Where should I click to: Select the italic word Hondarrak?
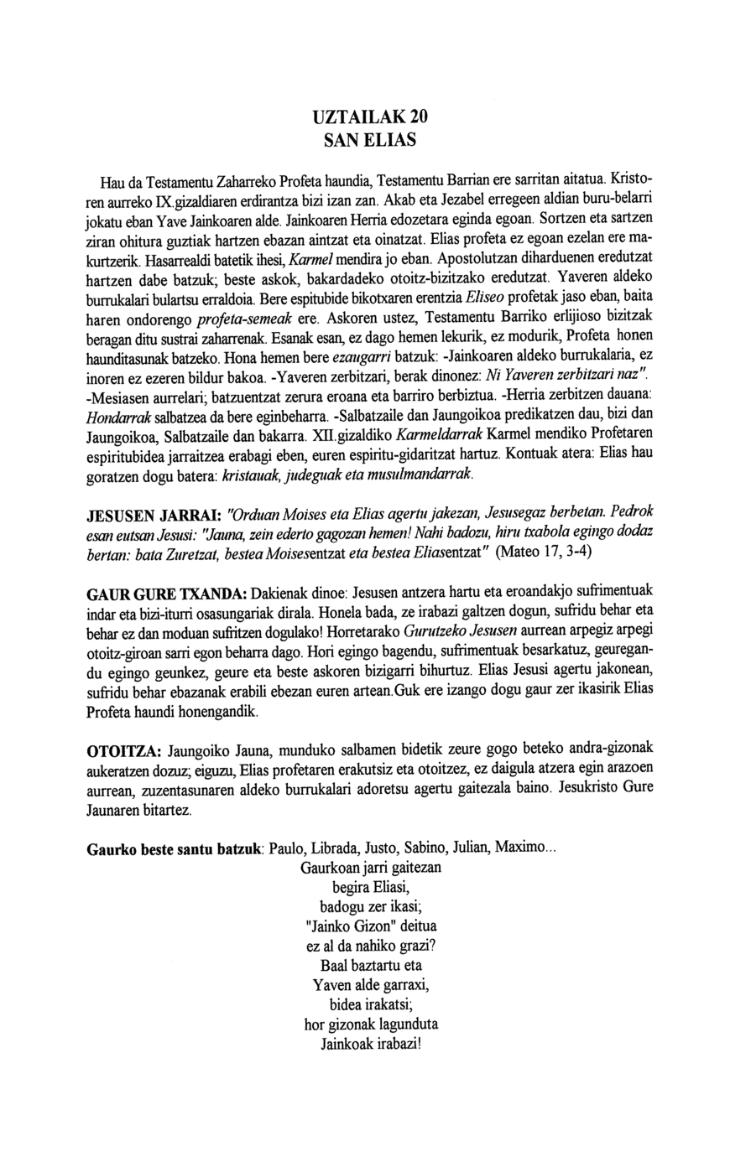[114, 418]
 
